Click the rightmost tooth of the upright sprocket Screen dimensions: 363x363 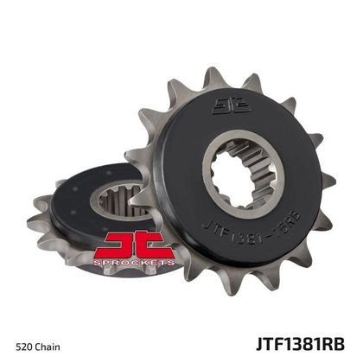click(x=326, y=177)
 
